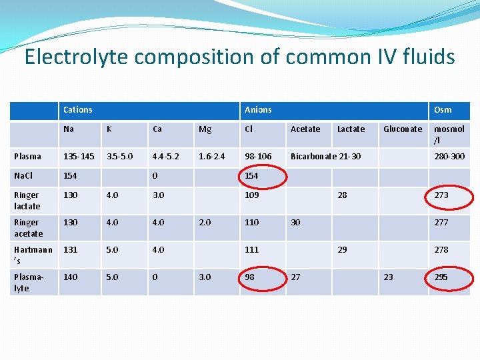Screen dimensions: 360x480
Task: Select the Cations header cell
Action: click(x=78, y=109)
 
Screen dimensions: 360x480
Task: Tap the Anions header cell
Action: click(x=258, y=109)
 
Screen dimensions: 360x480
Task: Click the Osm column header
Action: click(x=443, y=109)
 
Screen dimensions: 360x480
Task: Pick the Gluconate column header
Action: click(x=403, y=129)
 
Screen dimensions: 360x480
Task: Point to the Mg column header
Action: click(x=205, y=129)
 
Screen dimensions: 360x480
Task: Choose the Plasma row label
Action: click(x=28, y=156)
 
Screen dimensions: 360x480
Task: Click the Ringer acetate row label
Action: click(x=28, y=228)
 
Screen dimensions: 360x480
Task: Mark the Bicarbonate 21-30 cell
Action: click(x=325, y=156)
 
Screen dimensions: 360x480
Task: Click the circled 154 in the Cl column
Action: click(x=252, y=175)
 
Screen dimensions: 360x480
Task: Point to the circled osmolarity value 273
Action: click(x=441, y=195)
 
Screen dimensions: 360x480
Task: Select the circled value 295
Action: click(x=441, y=277)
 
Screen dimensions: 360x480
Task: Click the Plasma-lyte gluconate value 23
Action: click(x=387, y=277)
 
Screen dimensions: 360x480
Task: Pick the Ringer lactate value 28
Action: click(x=342, y=195)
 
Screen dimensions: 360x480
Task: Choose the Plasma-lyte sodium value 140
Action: click(x=70, y=277)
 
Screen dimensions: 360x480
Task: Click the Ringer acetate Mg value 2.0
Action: click(x=204, y=223)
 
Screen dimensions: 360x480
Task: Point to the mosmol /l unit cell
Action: click(x=449, y=135)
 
